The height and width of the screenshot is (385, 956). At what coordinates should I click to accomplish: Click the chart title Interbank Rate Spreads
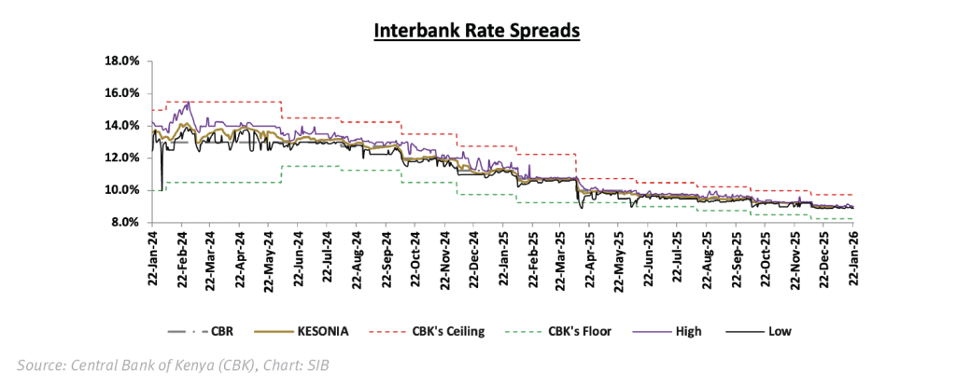[x=477, y=30]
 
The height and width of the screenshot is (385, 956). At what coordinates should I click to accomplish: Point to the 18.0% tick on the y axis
[x=121, y=62]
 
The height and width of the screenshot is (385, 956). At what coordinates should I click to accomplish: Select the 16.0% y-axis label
[x=121, y=93]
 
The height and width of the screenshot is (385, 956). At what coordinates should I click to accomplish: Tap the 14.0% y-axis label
[x=121, y=126]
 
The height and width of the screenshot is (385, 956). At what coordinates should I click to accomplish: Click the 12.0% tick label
[x=121, y=158]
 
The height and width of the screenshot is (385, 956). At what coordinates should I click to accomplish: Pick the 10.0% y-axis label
[x=121, y=190]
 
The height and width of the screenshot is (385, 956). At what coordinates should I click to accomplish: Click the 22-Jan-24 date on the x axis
[x=151, y=258]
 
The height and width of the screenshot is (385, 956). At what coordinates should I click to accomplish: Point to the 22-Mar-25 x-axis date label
[x=562, y=258]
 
